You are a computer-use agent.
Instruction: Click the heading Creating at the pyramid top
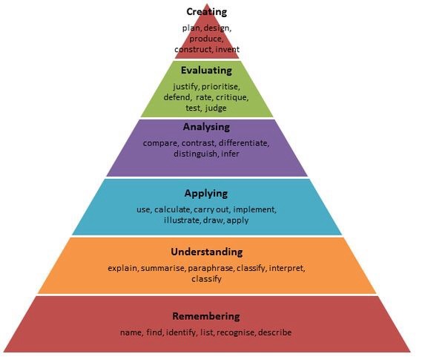click(206, 12)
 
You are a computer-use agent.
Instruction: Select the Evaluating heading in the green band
click(206, 71)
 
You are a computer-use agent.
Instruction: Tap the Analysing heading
click(206, 127)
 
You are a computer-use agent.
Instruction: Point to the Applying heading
click(206, 194)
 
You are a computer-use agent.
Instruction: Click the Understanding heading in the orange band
click(207, 252)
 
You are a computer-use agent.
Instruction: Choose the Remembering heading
click(206, 316)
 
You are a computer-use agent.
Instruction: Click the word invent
click(227, 50)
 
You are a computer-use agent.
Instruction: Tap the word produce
click(206, 39)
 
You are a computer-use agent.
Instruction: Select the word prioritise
click(220, 87)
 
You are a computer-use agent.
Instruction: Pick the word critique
click(232, 97)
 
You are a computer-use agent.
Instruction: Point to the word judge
click(216, 108)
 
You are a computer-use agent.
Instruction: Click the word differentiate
click(243, 143)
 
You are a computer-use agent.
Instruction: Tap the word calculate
click(173, 209)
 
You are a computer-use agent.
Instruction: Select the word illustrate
click(182, 220)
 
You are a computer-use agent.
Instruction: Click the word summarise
click(162, 269)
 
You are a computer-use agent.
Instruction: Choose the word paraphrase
click(211, 269)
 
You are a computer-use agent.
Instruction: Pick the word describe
click(274, 333)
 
